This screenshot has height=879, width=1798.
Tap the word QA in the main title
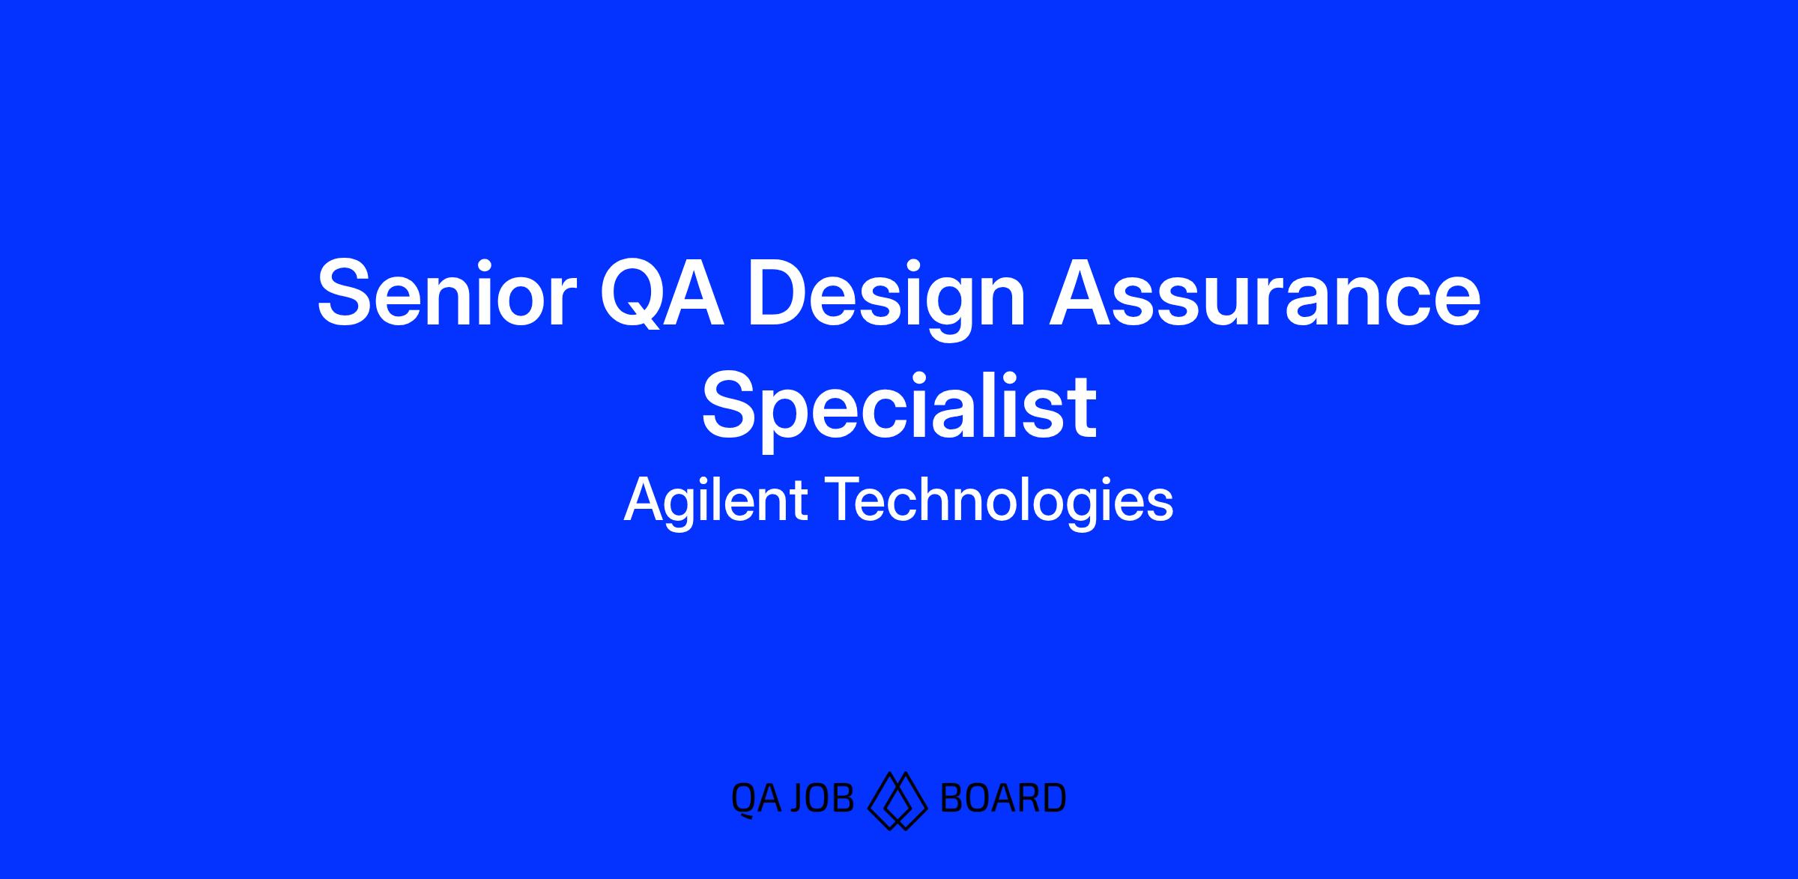[x=663, y=293]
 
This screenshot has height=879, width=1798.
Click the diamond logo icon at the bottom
[x=898, y=800]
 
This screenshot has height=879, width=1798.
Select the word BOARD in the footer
[x=1002, y=798]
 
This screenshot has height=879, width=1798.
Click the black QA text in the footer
[x=756, y=800]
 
